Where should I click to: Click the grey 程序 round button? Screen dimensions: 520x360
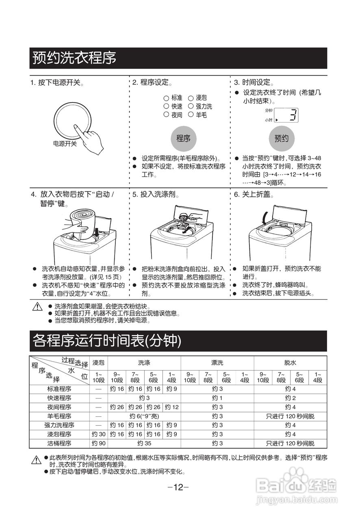tap(183, 139)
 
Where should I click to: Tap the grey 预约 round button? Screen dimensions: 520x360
tap(282, 139)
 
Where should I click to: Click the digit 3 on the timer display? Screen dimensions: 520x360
tap(293, 115)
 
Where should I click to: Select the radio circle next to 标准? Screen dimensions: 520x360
tap(166, 98)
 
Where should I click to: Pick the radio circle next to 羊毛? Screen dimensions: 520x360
tap(191, 115)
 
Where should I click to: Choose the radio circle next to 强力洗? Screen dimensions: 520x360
tap(191, 106)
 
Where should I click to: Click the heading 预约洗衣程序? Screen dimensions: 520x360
tap(74, 58)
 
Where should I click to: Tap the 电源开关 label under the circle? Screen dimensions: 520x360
tap(65, 144)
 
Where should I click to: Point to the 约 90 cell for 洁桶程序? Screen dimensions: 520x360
tap(98, 443)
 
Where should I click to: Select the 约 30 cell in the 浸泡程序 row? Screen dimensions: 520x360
tap(98, 434)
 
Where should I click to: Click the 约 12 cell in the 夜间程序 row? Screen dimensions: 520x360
tap(171, 407)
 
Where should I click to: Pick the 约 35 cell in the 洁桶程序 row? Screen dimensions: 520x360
tap(144, 443)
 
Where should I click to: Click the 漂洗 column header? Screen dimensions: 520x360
tap(217, 363)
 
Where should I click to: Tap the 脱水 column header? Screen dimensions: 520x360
tap(290, 363)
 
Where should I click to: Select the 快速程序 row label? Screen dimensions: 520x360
tap(59, 398)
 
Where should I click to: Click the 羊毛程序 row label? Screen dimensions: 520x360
tap(59, 416)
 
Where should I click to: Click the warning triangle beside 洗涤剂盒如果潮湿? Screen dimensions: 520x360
tap(38, 307)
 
